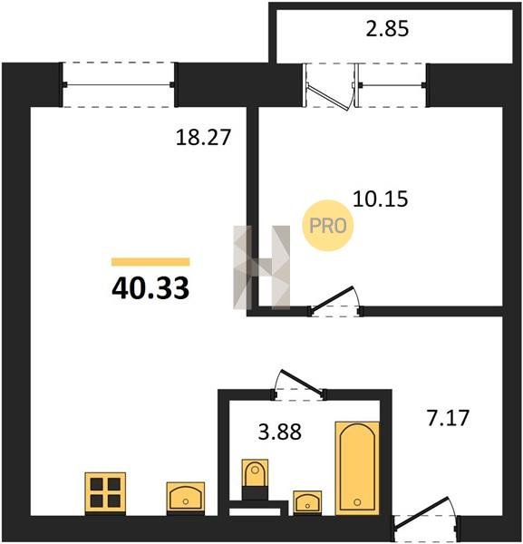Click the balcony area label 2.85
pos(387,29)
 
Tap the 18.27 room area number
pos(203,137)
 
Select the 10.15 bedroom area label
pos(380,199)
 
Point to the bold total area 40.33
pos(150,288)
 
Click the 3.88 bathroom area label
pos(280,432)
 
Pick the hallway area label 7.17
pos(448,417)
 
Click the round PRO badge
pos(328,226)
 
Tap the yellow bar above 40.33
pos(150,262)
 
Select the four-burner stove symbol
pos(105,493)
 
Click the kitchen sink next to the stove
pos(186,498)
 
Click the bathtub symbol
pos(357,468)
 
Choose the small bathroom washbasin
pos(307,502)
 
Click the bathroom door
pos(302,383)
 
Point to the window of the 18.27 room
pos(118,84)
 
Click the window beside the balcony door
pos(392,85)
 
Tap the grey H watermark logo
pos(261,267)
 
